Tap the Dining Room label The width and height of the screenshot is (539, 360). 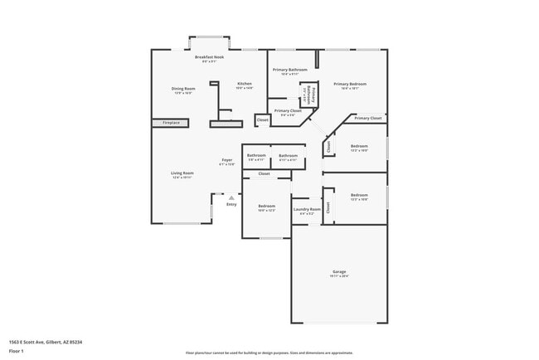click(x=183, y=89)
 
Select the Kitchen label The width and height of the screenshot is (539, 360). click(x=245, y=84)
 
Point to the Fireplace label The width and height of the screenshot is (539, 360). click(x=171, y=123)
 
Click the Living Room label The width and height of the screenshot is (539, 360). click(x=182, y=173)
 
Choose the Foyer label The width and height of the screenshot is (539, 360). click(x=226, y=160)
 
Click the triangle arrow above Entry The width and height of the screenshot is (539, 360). click(x=231, y=197)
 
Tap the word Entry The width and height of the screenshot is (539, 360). click(x=231, y=204)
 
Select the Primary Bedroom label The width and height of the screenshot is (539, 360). click(x=349, y=84)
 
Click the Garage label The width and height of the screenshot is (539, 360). click(x=339, y=272)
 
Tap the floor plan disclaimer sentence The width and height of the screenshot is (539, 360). click(x=269, y=353)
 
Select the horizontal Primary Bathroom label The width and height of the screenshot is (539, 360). click(x=290, y=70)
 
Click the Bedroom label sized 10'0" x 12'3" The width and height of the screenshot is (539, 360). click(x=266, y=207)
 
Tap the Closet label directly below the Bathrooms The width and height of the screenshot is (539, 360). click(x=264, y=174)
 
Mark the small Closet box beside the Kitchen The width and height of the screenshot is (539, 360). click(x=262, y=120)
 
